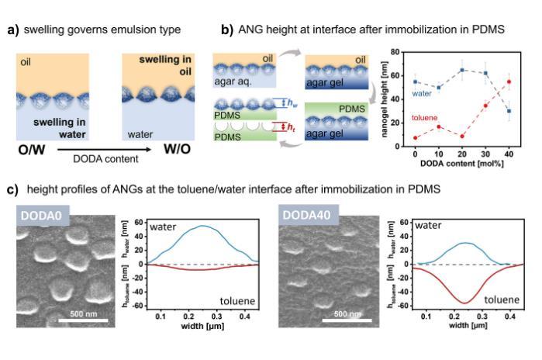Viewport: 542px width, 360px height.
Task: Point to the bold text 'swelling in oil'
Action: [x=161, y=65]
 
